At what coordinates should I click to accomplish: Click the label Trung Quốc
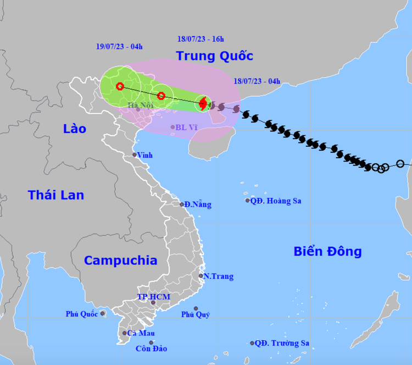point(214,56)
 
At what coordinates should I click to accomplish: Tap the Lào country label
point(74,129)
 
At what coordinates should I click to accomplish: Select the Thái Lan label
point(56,195)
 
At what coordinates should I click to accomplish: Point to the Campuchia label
point(120,261)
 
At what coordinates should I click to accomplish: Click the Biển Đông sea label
point(327,251)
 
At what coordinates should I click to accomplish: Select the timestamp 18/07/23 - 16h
point(201,39)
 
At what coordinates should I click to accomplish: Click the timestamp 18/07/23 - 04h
point(257,81)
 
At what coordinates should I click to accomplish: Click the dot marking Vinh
point(135,155)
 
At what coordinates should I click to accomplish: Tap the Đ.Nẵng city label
point(198,204)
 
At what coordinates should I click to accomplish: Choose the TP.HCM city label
point(154,297)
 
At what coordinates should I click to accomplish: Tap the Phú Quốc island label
point(81,314)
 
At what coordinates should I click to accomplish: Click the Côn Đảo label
point(151,349)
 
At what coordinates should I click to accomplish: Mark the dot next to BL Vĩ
point(172,127)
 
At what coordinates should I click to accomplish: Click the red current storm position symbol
point(203,103)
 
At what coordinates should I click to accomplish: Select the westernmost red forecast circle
point(120,86)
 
